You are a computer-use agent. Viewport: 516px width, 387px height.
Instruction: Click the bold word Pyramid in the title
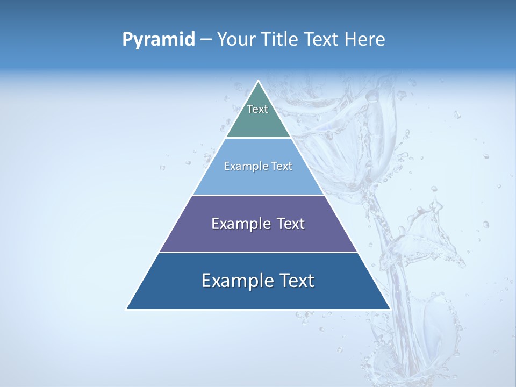tap(159, 40)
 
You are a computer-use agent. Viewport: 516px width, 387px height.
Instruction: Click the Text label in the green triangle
tap(257, 109)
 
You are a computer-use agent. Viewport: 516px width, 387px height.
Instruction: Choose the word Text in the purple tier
tap(289, 224)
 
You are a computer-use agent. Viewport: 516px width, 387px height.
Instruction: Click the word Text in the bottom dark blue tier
tap(296, 281)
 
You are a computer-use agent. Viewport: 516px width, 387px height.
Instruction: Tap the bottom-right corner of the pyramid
tap(390, 309)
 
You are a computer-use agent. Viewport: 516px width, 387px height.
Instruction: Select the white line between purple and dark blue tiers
tap(259, 252)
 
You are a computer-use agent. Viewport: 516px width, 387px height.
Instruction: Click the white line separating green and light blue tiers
tap(259, 138)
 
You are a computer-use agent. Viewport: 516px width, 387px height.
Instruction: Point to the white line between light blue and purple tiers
tap(259, 195)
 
